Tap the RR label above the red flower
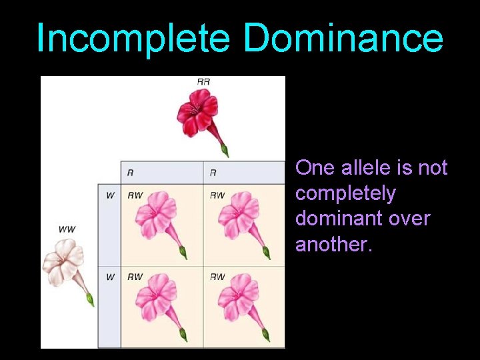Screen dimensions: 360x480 point(203,81)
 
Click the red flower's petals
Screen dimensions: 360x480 point(197,113)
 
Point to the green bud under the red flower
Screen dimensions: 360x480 point(225,150)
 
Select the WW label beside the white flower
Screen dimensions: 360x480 point(67,229)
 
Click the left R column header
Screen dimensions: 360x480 point(130,173)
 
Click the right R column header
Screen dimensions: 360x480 point(213,173)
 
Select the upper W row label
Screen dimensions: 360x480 point(110,195)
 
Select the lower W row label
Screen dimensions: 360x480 point(110,277)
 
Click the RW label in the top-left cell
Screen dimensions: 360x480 point(135,195)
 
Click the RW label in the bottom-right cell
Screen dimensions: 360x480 point(217,277)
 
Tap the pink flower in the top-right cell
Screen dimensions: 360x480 point(237,217)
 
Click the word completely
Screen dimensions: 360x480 point(345,193)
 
